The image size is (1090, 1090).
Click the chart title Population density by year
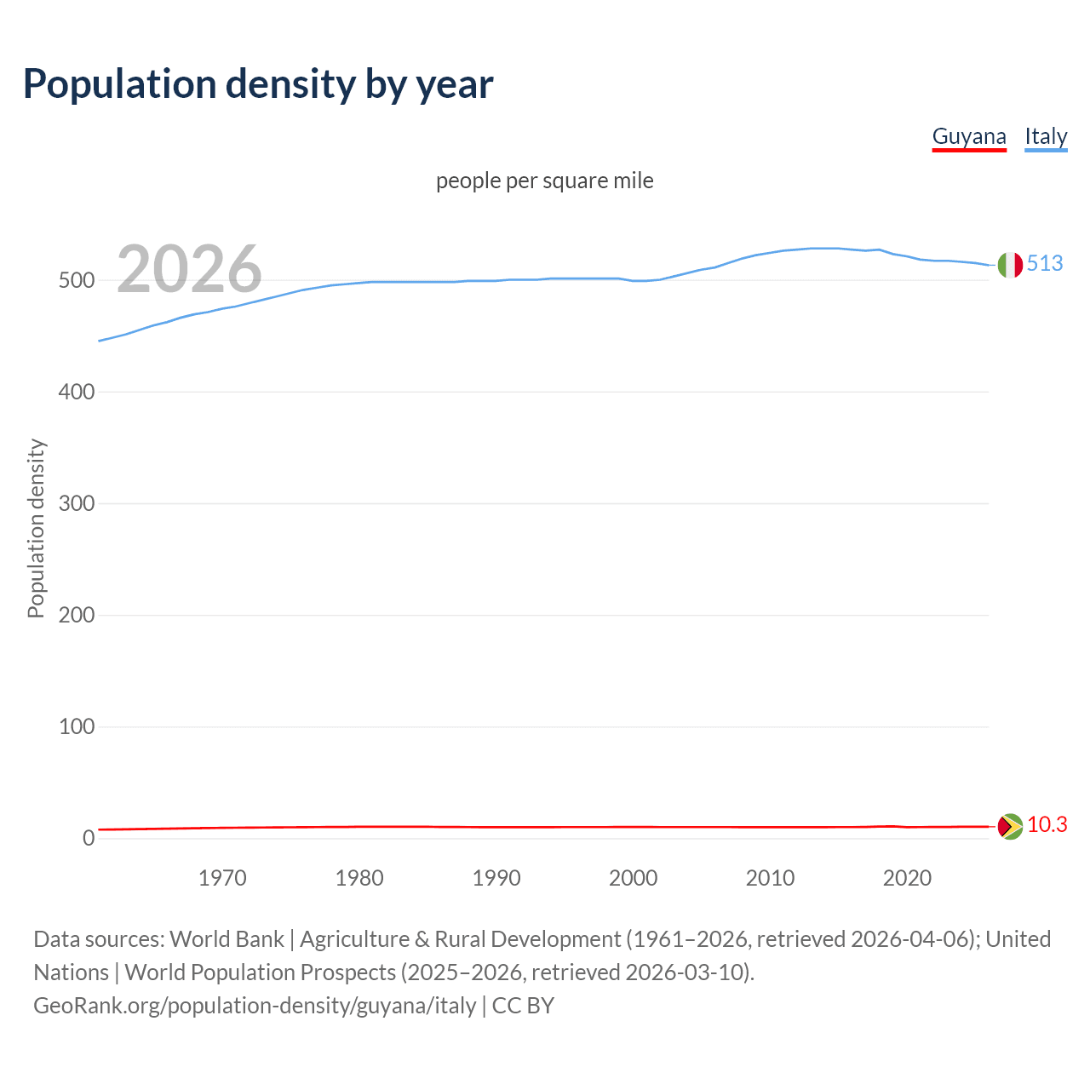pyautogui.click(x=258, y=84)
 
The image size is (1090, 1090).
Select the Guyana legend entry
pyautogui.click(x=969, y=136)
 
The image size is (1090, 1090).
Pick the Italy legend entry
pyautogui.click(x=1046, y=136)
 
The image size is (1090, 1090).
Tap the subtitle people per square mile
pyautogui.click(x=545, y=181)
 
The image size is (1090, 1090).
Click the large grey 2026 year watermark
pyautogui.click(x=189, y=269)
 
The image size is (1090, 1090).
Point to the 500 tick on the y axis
pyautogui.click(x=76, y=280)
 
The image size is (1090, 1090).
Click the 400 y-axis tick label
pyautogui.click(x=76, y=392)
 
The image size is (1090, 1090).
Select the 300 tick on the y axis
pyautogui.click(x=76, y=503)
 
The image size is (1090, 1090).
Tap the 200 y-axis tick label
pyautogui.click(x=76, y=615)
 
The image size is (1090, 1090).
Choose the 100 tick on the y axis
pyautogui.click(x=76, y=726)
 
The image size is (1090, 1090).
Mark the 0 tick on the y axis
pyautogui.click(x=88, y=838)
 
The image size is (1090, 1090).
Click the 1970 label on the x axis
pyautogui.click(x=222, y=878)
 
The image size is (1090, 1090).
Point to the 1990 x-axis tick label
pyautogui.click(x=496, y=878)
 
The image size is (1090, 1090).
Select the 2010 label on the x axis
pyautogui.click(x=770, y=878)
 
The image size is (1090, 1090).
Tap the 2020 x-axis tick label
pyautogui.click(x=907, y=878)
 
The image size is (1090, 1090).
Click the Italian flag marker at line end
pyautogui.click(x=1010, y=265)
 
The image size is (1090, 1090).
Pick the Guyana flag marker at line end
pyautogui.click(x=1010, y=826)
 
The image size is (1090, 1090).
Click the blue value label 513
pyautogui.click(x=1045, y=263)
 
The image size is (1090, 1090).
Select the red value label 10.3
pyautogui.click(x=1047, y=824)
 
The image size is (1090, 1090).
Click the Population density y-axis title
pyautogui.click(x=36, y=528)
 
